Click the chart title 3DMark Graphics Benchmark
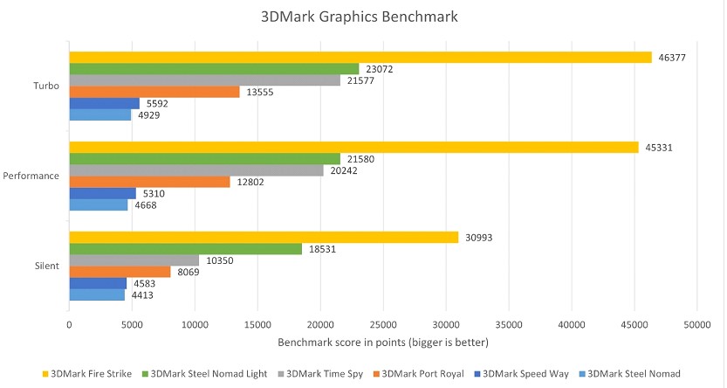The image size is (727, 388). tap(363, 17)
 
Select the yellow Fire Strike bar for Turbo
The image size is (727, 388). tap(360, 58)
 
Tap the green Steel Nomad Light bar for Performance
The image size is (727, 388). tap(204, 158)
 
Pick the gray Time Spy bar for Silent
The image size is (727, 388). tap(134, 260)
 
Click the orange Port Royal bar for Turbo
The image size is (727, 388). tap(154, 92)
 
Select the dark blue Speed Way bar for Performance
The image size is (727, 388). tap(102, 193)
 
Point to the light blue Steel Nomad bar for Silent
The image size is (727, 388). tap(97, 294)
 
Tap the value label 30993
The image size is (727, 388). tap(479, 238)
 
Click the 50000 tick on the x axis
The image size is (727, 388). tap(696, 323)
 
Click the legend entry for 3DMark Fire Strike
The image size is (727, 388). tap(88, 373)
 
